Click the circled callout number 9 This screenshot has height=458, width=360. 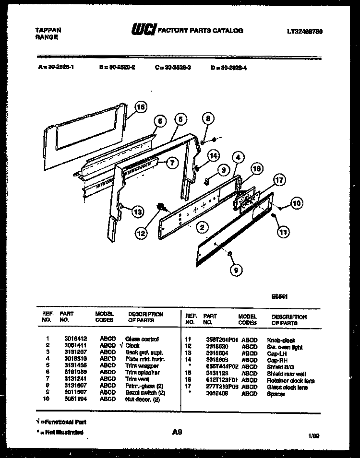tap(235, 270)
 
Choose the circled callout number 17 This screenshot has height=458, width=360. tap(279, 181)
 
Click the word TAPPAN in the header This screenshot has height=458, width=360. tap(48, 30)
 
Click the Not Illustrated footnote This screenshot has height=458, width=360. tap(60, 432)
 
